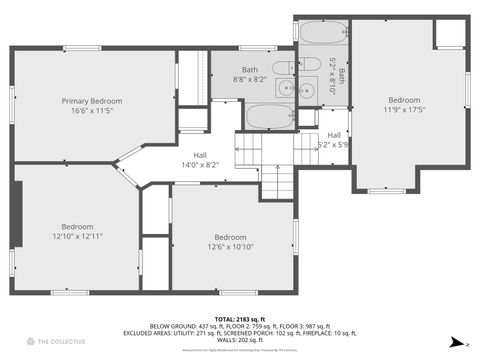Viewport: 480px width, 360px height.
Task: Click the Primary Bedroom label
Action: click(92, 101)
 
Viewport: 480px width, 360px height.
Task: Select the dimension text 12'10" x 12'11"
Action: click(78, 236)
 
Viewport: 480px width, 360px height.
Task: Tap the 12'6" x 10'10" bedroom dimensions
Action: click(231, 246)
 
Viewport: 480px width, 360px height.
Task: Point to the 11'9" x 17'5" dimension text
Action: click(404, 110)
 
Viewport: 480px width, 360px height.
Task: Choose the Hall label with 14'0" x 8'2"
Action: click(200, 164)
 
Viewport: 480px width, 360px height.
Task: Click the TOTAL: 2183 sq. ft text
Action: click(240, 317)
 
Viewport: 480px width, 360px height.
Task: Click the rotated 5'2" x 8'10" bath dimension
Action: click(334, 75)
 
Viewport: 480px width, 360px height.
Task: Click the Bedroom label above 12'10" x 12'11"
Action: click(78, 226)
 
